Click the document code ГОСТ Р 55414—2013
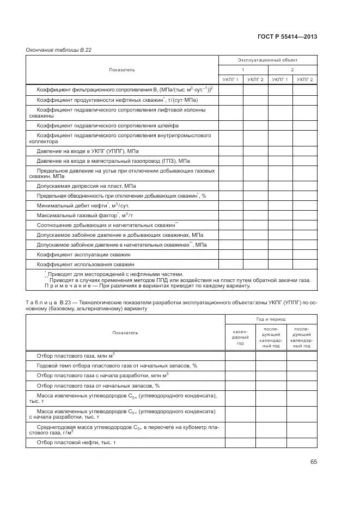click(x=287, y=36)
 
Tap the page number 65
click(x=314, y=462)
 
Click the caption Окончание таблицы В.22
click(x=58, y=50)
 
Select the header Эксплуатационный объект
click(x=267, y=60)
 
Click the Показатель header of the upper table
click(x=122, y=70)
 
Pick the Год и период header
click(x=271, y=320)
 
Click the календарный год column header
click(x=240, y=338)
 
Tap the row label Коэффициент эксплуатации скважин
click(x=83, y=254)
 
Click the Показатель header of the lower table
click(x=125, y=333)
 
